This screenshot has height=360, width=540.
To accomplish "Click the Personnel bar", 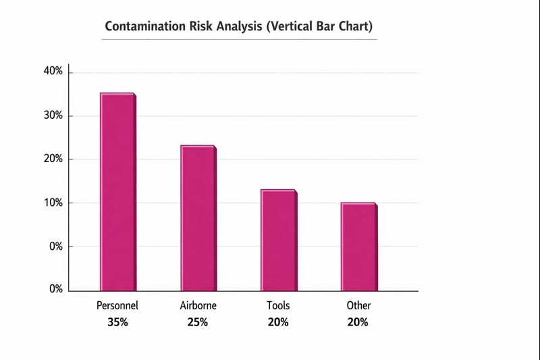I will (118, 192).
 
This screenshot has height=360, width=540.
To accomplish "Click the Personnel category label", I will (117, 305).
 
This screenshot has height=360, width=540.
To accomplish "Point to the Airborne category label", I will (198, 305).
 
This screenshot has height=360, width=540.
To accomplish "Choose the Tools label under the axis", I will (278, 305).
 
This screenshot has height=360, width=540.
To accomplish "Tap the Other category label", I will (358, 305).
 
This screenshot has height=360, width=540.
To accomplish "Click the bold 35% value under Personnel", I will (117, 322).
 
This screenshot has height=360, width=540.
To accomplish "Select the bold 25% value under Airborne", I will (198, 322).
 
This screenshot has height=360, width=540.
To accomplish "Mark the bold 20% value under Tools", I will (278, 322).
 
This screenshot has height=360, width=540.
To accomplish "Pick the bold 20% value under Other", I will (358, 322).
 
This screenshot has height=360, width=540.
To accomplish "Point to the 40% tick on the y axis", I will (53, 72).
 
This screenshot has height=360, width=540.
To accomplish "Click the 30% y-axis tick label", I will (53, 115).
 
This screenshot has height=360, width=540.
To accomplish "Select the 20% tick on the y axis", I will (53, 159).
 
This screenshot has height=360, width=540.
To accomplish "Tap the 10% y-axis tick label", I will (53, 203).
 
